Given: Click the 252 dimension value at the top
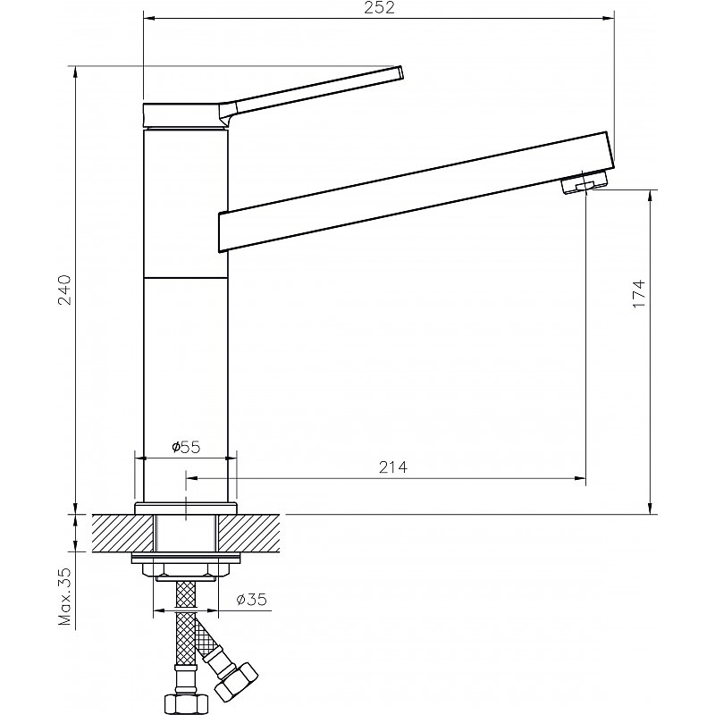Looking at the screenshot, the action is pyautogui.click(x=379, y=8).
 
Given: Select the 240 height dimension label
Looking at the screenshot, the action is pyautogui.click(x=63, y=290).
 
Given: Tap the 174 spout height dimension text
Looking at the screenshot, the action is pyautogui.click(x=639, y=293).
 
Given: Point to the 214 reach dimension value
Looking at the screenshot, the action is pyautogui.click(x=393, y=467).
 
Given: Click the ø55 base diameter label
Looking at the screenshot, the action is pyautogui.click(x=186, y=447).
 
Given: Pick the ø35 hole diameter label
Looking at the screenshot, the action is pyautogui.click(x=252, y=599).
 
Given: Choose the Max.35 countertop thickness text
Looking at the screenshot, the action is pyautogui.click(x=64, y=596).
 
